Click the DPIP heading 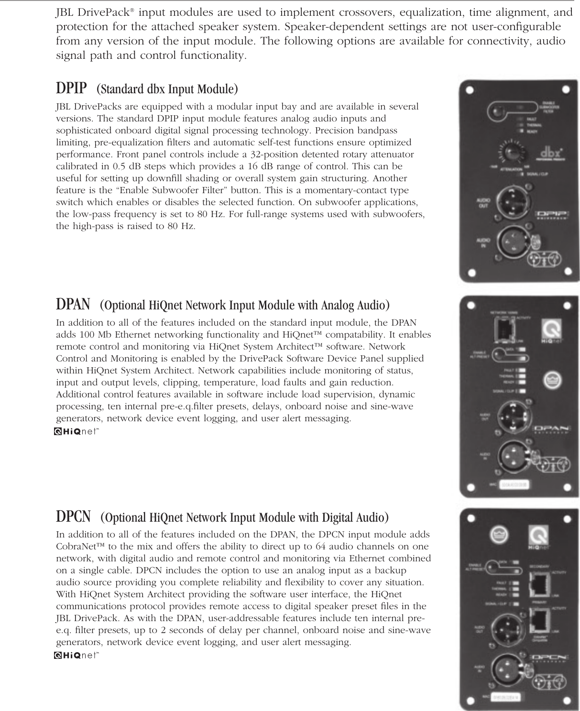(x=72, y=88)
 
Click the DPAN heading (x=73, y=304)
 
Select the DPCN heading (x=74, y=517)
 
